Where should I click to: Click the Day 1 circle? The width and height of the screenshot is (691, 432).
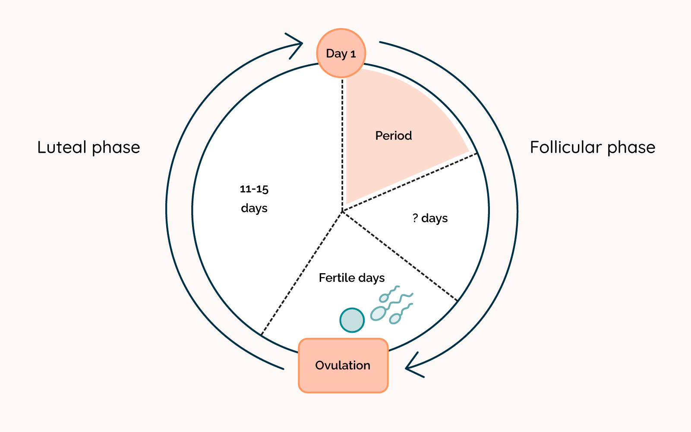341,53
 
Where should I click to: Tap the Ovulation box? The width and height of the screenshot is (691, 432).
343,365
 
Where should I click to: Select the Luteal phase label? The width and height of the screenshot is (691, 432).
88,148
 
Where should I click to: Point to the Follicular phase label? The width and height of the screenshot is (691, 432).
592,148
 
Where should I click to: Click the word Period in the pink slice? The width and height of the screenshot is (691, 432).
393,136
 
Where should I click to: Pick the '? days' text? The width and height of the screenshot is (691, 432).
430,218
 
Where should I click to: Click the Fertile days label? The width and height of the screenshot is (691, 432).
352,278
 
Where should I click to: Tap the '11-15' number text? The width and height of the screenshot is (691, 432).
254,189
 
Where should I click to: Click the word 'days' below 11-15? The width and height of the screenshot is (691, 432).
254,208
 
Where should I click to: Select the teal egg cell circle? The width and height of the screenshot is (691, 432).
352,320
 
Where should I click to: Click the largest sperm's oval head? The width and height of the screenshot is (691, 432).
378,313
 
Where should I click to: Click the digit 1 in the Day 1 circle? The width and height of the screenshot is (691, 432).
353,54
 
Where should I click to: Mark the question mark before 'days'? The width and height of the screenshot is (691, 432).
415,218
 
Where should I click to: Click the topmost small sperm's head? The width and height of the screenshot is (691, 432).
384,297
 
